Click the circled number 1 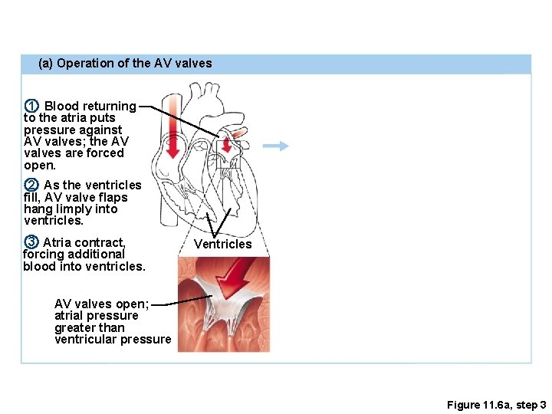point(31,106)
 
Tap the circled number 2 point(31,185)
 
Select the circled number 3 point(31,242)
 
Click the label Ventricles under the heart point(222,245)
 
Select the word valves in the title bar point(193,64)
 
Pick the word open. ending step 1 point(40,165)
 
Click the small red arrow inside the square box point(227,145)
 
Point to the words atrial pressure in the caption point(97,315)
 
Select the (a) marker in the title point(45,64)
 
